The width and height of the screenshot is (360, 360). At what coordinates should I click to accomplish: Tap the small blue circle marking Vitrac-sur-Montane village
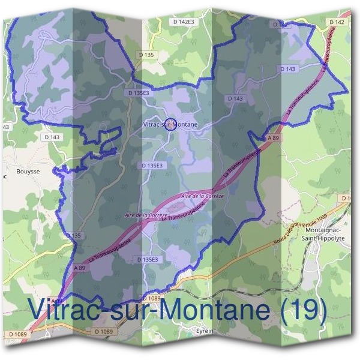[170, 124]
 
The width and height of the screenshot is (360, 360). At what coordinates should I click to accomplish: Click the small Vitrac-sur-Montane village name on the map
[171, 124]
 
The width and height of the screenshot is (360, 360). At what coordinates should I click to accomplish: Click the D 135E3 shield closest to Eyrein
[147, 259]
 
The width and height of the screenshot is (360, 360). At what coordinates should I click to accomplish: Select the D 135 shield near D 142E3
[146, 55]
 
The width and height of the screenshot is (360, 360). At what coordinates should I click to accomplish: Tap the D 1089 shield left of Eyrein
[103, 331]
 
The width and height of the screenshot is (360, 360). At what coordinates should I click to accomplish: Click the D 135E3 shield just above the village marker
[139, 94]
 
